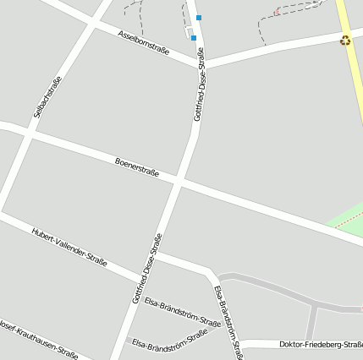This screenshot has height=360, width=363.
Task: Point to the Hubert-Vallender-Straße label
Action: click(69, 248)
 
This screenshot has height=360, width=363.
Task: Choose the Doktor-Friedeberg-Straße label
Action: click(320, 344)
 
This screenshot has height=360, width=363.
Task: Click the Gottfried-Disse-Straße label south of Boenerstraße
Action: click(147, 269)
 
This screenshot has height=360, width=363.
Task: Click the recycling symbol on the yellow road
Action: click(345, 40)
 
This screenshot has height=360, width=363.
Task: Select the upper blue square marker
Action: click(199, 17)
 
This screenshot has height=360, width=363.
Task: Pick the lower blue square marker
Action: click(193, 37)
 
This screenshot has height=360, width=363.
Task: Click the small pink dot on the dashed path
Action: click(277, 12)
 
